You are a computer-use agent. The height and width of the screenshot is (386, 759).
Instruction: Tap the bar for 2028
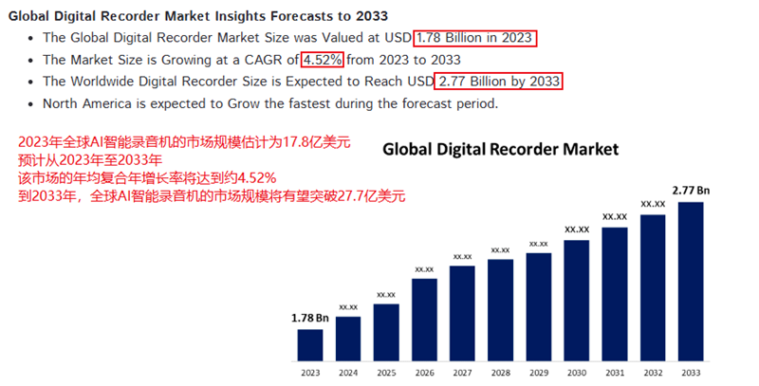(x=500, y=308)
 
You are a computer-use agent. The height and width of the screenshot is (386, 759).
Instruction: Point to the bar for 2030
(x=577, y=299)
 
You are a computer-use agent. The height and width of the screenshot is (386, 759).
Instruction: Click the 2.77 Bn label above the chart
(x=691, y=191)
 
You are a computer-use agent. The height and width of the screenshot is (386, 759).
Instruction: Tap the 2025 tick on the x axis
(x=386, y=373)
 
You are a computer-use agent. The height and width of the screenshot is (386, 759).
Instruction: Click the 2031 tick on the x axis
(x=615, y=373)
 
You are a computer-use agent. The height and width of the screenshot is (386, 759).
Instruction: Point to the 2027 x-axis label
(x=462, y=373)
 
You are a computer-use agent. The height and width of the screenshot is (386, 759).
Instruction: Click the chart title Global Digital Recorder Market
(x=500, y=149)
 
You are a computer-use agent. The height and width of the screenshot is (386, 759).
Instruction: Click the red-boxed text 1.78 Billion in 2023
(x=475, y=38)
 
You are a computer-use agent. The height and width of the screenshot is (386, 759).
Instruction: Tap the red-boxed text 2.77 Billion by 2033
(x=500, y=82)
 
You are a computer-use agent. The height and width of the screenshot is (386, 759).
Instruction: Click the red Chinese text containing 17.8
(x=184, y=143)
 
